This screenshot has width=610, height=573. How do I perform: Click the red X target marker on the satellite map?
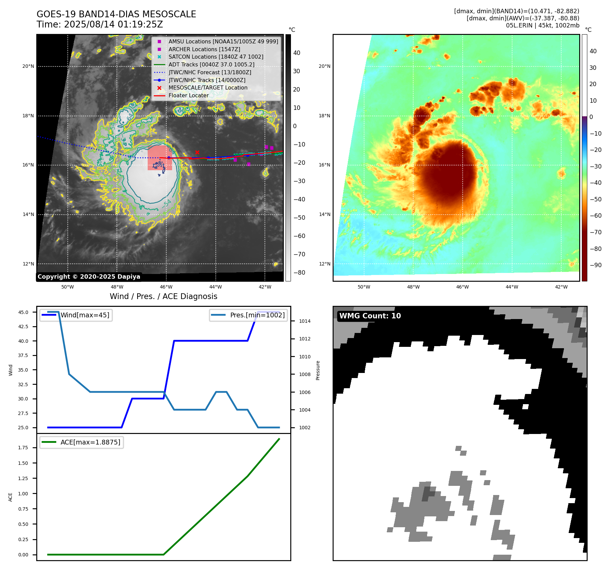(x=197, y=152)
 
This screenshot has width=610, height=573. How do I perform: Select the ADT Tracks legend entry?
(x=211, y=64)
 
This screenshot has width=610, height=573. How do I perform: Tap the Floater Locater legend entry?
(x=188, y=95)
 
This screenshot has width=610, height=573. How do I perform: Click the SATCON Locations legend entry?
(x=216, y=57)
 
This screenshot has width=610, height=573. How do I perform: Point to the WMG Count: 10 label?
(x=370, y=316)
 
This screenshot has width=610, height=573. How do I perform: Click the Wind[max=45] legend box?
(x=76, y=315)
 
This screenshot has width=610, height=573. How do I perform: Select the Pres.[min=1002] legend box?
(x=249, y=315)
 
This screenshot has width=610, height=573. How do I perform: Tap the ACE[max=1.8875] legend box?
(x=82, y=442)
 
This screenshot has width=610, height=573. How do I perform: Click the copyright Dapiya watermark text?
(x=89, y=276)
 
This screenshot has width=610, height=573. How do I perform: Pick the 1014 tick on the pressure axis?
(x=304, y=321)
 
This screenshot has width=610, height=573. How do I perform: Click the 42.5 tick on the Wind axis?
(x=23, y=327)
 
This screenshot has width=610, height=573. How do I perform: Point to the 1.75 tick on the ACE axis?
(x=23, y=448)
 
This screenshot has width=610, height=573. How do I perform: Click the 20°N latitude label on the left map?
(x=28, y=66)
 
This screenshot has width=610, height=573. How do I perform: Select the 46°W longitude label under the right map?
(x=462, y=287)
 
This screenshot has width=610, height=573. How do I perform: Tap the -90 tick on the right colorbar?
(x=595, y=265)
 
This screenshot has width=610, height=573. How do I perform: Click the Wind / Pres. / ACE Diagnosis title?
(x=163, y=296)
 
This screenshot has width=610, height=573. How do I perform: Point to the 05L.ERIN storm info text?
(x=543, y=25)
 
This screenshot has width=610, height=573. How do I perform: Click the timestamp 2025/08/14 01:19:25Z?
(x=113, y=24)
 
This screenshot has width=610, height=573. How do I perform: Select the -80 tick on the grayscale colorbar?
(x=299, y=272)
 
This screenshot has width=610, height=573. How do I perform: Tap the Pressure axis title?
(x=318, y=370)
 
